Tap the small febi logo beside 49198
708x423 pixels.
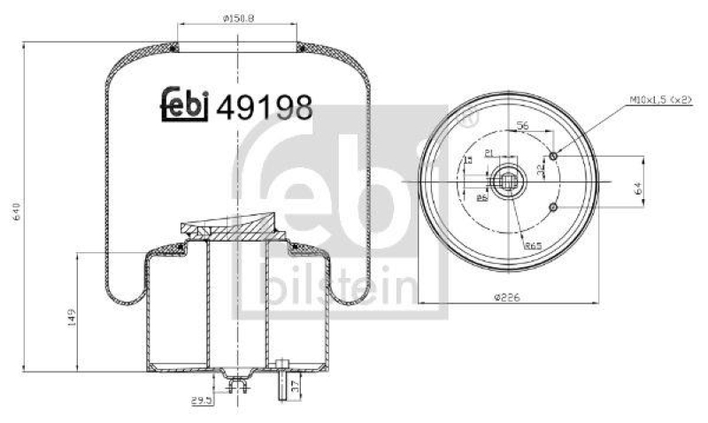tap(183, 105)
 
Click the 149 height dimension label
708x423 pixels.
tap(72, 316)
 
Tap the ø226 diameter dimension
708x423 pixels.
tap(508, 296)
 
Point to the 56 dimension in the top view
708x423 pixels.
tap(522, 127)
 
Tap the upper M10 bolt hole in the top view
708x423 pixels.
tap(553, 157)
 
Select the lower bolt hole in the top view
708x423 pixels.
tap(553, 207)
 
